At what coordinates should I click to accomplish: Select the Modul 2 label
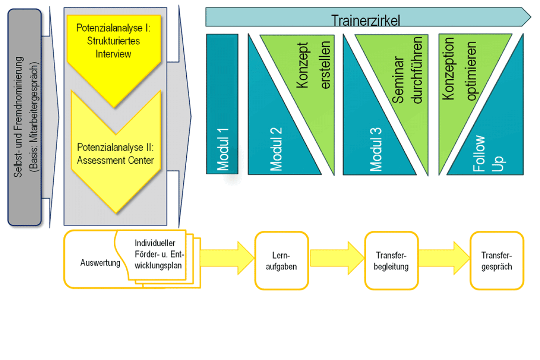[x=276, y=148]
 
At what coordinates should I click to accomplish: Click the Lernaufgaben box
[x=281, y=261]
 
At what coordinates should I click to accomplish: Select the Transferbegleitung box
[x=392, y=261]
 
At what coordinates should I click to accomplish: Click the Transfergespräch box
[x=497, y=261]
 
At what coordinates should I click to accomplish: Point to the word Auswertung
[x=100, y=263]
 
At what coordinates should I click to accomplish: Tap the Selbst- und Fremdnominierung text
[x=19, y=119]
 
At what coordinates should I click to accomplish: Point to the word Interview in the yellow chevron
[x=113, y=54]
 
